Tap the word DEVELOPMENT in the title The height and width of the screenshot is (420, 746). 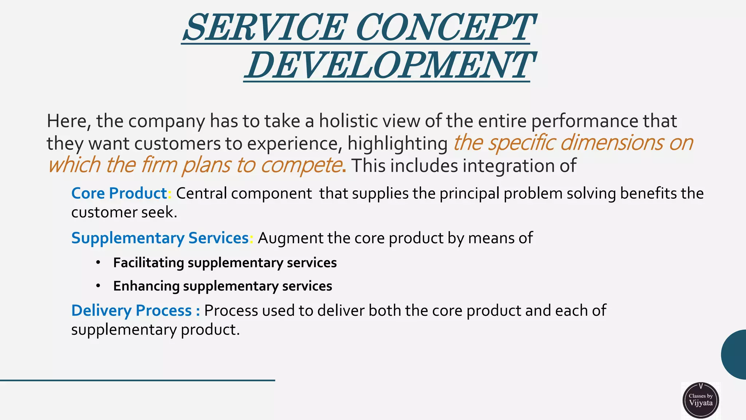coord(388,66)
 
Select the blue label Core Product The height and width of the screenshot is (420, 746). coord(119,193)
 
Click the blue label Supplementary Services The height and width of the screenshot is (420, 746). coord(160,238)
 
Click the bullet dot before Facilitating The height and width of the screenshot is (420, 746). coord(98,262)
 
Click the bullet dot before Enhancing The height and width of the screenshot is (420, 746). coord(98,286)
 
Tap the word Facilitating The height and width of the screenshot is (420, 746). coord(148,263)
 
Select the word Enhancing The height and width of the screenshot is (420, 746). coord(146,286)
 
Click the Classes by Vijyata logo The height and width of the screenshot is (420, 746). coord(700,400)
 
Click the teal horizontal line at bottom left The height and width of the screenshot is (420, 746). coord(137,380)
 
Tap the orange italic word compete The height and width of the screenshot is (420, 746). coord(301,165)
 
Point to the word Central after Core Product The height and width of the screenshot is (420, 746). coord(201,193)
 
